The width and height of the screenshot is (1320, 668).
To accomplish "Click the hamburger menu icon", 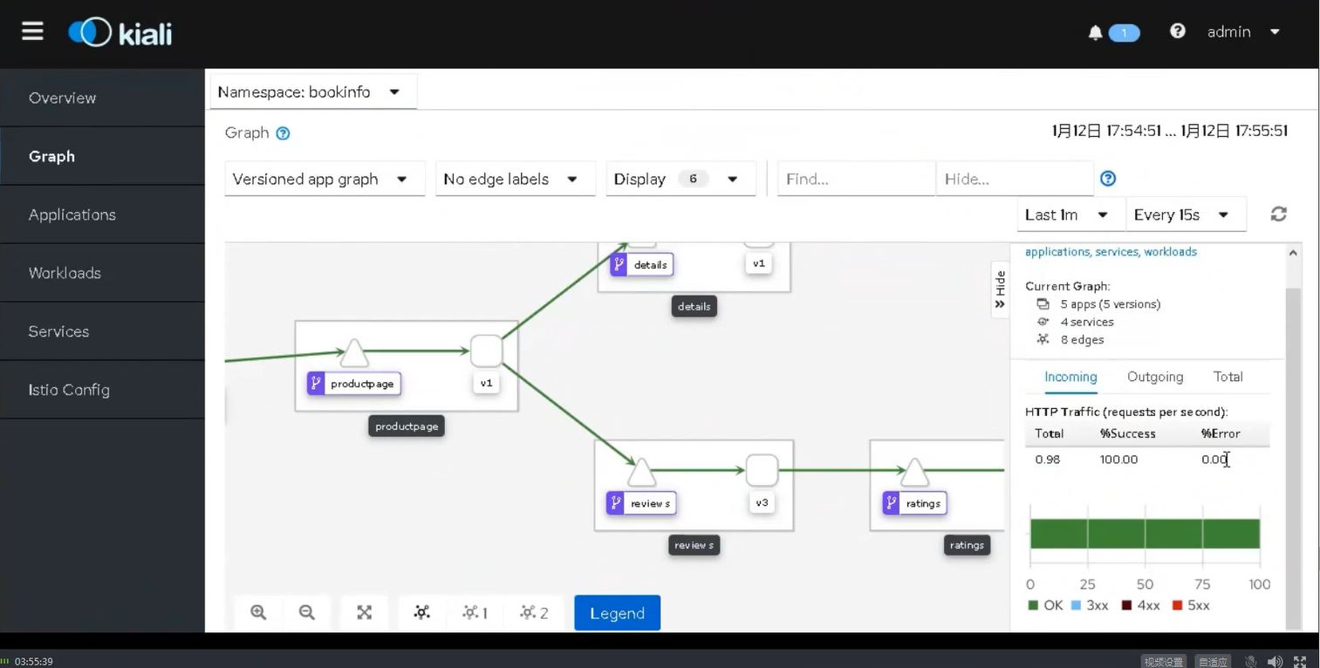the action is (32, 31).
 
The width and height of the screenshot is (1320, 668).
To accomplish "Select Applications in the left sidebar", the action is (72, 215).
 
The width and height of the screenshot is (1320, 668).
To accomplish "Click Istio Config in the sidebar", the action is (69, 390).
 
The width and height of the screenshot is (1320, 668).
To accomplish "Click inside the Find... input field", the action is (855, 179).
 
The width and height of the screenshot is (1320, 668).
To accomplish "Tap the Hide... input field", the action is (1013, 179).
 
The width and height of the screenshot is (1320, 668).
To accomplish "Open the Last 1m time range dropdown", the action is (1066, 215).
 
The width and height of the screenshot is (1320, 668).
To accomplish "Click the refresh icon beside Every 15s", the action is (1278, 215).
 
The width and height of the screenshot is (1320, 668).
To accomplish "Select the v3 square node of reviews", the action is (762, 471).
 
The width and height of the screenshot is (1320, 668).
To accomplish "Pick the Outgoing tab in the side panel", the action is (1154, 377).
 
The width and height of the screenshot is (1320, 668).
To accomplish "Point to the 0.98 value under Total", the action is (1047, 460).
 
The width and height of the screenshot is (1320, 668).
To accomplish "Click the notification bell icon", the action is (1095, 32).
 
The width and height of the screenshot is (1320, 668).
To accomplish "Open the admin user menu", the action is (1242, 31).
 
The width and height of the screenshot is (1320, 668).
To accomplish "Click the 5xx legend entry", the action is (1191, 605).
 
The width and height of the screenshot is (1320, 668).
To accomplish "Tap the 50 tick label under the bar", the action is (1145, 584).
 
